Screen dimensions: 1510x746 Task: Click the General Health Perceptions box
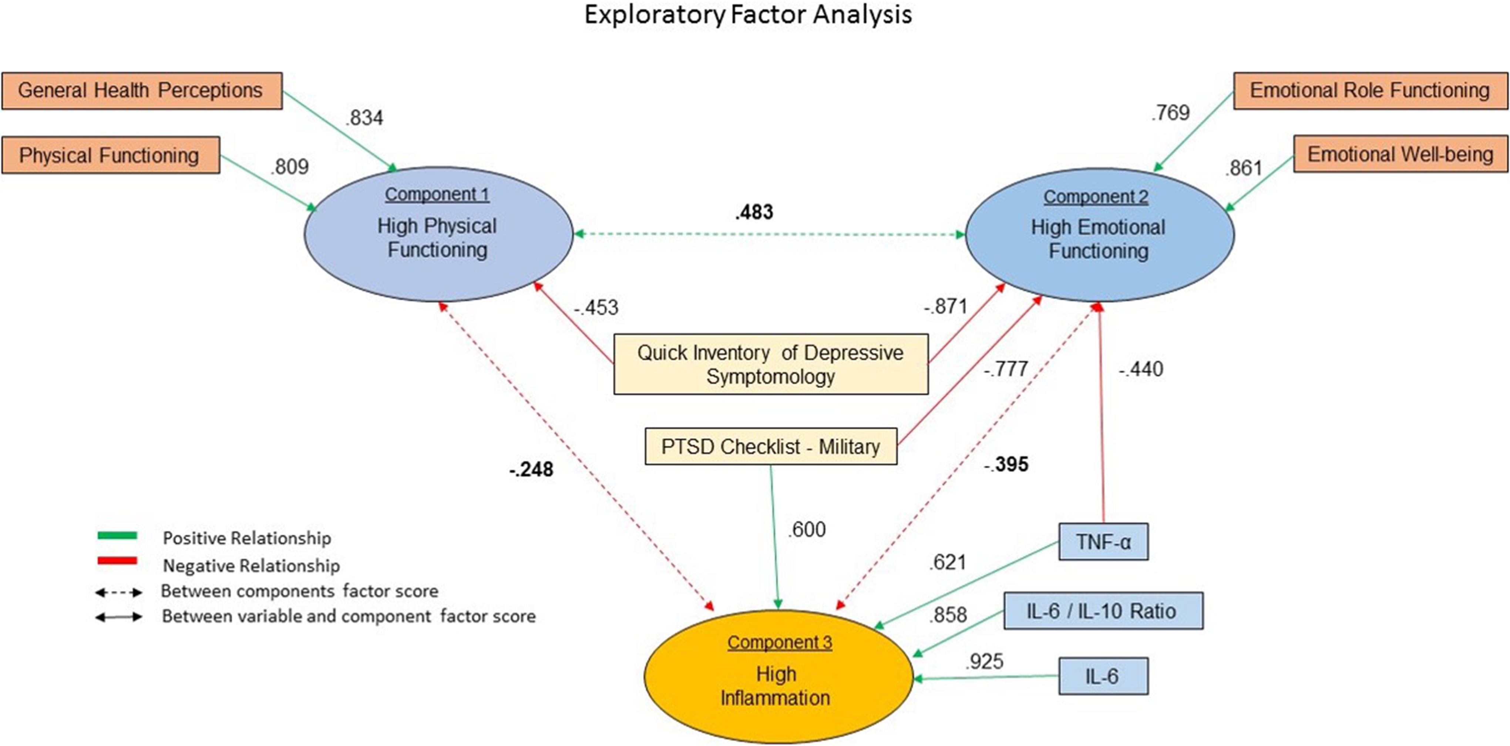(142, 91)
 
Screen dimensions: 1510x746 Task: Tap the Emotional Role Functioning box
(1371, 91)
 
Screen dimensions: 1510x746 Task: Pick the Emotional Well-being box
(1400, 154)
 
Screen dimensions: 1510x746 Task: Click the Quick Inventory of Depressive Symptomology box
(771, 364)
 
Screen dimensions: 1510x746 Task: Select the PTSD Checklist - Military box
(771, 446)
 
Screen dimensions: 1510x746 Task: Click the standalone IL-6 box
(1103, 676)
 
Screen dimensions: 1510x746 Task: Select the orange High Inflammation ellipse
(778, 676)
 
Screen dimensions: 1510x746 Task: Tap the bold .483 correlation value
(754, 212)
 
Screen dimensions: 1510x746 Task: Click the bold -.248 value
(531, 469)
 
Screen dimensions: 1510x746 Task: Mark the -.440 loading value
(1141, 369)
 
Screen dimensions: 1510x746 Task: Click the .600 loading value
(807, 529)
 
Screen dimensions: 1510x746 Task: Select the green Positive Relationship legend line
(117, 535)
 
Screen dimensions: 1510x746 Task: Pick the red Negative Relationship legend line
(117, 561)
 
